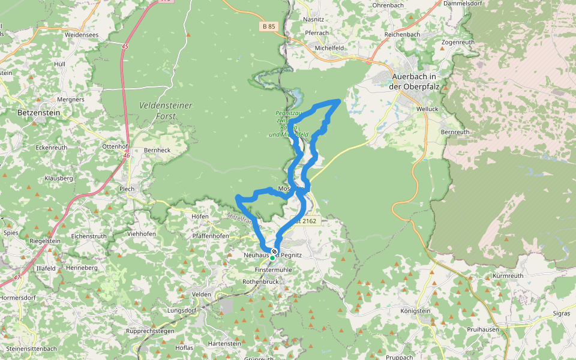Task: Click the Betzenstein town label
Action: pyautogui.click(x=38, y=112)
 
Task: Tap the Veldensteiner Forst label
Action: pyautogui.click(x=166, y=110)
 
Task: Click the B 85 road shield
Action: pyautogui.click(x=269, y=26)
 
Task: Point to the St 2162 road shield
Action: pyautogui.click(x=303, y=221)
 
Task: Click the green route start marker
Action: pyautogui.click(x=272, y=258)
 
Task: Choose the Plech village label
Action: pyautogui.click(x=127, y=188)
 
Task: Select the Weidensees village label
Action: pyautogui.click(x=81, y=35)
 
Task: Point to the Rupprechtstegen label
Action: pyautogui.click(x=150, y=331)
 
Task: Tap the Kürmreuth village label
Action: pyautogui.click(x=508, y=276)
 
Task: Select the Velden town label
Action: pyautogui.click(x=202, y=295)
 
